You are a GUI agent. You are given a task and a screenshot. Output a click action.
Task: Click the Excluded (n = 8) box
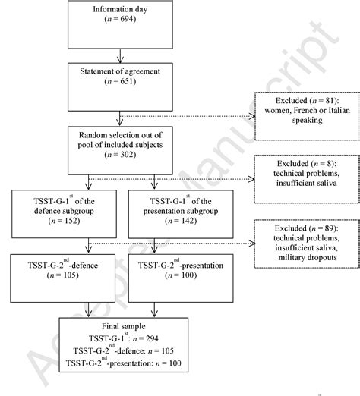pos(303,175)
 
